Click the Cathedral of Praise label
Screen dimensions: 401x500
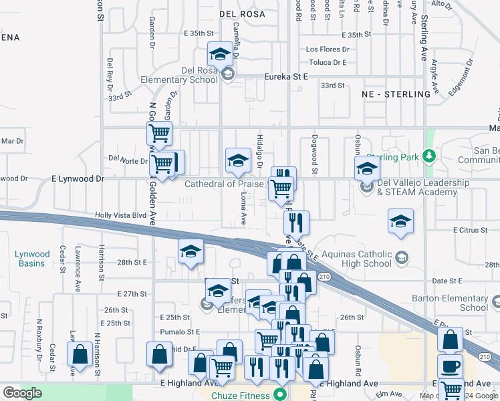[x=225, y=184]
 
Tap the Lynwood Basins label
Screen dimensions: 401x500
[x=32, y=259]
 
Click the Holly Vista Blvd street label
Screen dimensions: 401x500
[x=120, y=215]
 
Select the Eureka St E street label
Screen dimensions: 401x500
[x=285, y=77]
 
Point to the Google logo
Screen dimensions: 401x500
[x=21, y=392]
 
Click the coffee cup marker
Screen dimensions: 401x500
[x=450, y=366]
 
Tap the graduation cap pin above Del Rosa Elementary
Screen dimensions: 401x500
[x=219, y=53]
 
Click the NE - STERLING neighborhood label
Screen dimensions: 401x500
[x=396, y=94]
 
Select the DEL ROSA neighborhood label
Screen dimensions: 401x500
[x=242, y=13]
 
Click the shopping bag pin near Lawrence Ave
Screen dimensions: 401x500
[x=80, y=354]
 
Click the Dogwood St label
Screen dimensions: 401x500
[x=312, y=153]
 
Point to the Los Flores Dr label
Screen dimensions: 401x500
[x=328, y=49]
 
